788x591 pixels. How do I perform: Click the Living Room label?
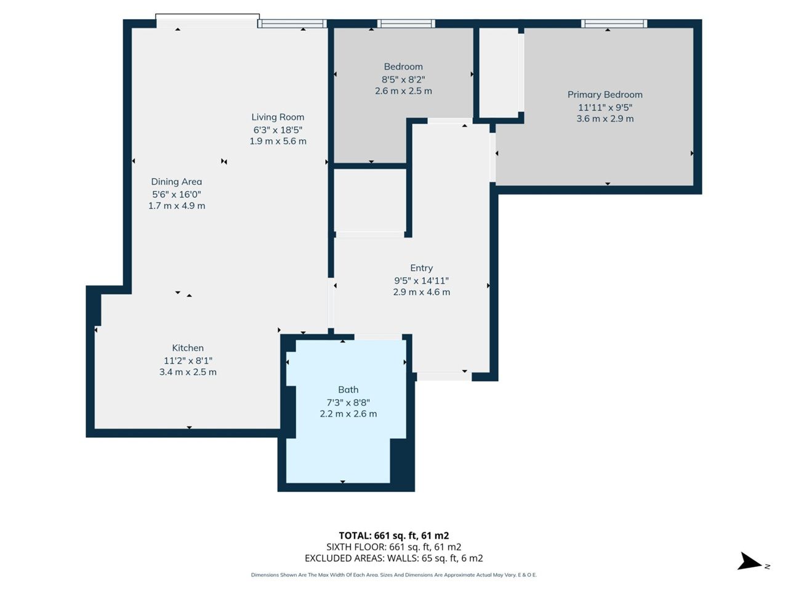pyautogui.click(x=278, y=117)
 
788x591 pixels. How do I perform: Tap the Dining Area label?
pyautogui.click(x=176, y=182)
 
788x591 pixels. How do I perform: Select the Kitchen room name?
pyautogui.click(x=188, y=348)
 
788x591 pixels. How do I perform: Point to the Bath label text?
pyautogui.click(x=348, y=389)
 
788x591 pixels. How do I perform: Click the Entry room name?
pyautogui.click(x=422, y=268)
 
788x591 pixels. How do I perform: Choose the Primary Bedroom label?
pyautogui.click(x=605, y=95)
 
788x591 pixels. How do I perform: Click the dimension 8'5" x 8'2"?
pyautogui.click(x=403, y=79)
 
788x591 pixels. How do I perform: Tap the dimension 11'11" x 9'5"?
pyautogui.click(x=605, y=107)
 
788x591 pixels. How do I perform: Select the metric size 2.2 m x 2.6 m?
pyautogui.click(x=348, y=414)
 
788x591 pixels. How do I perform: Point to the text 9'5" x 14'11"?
pyautogui.click(x=422, y=280)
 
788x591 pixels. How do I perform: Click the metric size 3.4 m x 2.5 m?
pyautogui.click(x=188, y=372)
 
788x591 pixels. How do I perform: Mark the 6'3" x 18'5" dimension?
pyautogui.click(x=278, y=129)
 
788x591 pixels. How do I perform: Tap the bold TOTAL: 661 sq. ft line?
pyautogui.click(x=394, y=536)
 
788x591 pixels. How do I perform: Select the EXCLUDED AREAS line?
pyautogui.click(x=394, y=558)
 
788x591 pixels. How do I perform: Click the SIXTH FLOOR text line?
pyautogui.click(x=394, y=547)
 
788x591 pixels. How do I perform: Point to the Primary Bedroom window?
pyautogui.click(x=614, y=23)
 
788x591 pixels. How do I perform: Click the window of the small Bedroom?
pyautogui.click(x=406, y=23)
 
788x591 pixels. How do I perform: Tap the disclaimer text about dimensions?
pyautogui.click(x=394, y=575)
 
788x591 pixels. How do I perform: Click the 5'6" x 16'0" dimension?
pyautogui.click(x=176, y=194)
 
